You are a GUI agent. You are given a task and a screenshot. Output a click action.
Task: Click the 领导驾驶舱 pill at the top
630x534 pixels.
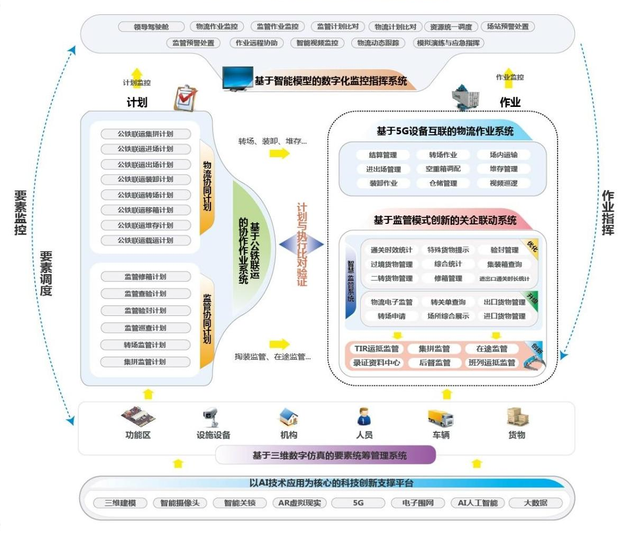click(x=151, y=27)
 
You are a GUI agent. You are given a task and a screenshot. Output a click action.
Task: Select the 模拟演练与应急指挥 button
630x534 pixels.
click(x=448, y=43)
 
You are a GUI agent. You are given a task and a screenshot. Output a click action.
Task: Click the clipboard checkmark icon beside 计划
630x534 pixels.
click(x=186, y=99)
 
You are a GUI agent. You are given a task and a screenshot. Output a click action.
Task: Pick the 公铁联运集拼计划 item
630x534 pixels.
click(x=145, y=134)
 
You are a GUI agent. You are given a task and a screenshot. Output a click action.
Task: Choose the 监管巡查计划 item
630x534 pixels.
click(x=145, y=328)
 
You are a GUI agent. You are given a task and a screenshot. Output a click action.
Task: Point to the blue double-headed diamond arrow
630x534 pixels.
click(x=301, y=244)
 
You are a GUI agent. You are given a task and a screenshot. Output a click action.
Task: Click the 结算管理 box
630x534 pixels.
click(x=382, y=155)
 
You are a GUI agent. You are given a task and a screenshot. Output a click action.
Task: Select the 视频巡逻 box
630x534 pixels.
click(x=504, y=183)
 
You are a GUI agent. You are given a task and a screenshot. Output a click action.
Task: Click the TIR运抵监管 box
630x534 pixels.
click(x=377, y=349)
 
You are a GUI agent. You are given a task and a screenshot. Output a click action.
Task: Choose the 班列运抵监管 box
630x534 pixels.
click(x=491, y=363)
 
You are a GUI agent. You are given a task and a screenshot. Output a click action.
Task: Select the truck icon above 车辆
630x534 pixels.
click(x=440, y=418)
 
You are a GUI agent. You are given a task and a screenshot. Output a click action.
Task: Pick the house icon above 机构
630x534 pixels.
click(x=289, y=418)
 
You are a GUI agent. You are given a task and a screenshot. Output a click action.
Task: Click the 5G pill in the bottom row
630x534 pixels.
click(x=358, y=503)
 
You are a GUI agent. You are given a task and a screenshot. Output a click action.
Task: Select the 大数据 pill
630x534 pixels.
click(x=535, y=503)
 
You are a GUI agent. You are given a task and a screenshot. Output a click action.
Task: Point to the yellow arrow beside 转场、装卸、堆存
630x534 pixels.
click(x=279, y=153)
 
